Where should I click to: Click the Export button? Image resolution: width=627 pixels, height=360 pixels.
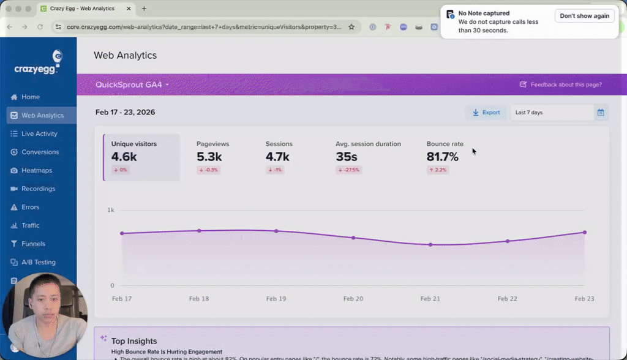pyautogui.click(x=486, y=113)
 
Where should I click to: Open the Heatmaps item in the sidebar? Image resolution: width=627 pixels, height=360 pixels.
pyautogui.click(x=36, y=170)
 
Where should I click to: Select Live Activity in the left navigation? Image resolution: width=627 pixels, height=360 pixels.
pyautogui.click(x=39, y=133)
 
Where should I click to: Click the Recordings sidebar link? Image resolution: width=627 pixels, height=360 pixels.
pyautogui.click(x=38, y=189)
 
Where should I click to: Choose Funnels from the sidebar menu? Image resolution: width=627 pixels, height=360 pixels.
pyautogui.click(x=33, y=244)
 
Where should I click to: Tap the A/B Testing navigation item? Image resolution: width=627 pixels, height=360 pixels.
pyautogui.click(x=38, y=262)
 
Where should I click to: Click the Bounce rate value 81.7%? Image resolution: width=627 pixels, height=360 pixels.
pyautogui.click(x=442, y=157)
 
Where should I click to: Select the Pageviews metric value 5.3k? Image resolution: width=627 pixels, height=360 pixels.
pyautogui.click(x=209, y=157)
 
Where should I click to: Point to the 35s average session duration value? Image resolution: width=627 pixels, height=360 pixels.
pyautogui.click(x=346, y=157)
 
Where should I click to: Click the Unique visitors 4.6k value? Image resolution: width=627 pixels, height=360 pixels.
pyautogui.click(x=124, y=157)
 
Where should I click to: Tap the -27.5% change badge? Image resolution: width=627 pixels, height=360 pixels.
pyautogui.click(x=349, y=170)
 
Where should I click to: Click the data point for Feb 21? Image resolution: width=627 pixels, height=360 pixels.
pyautogui.click(x=430, y=245)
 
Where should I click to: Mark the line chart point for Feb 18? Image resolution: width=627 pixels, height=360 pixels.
pyautogui.click(x=199, y=231)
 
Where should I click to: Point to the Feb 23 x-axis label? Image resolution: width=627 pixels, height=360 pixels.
pyautogui.click(x=584, y=299)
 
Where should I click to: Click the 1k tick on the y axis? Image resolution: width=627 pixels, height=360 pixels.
pyautogui.click(x=110, y=210)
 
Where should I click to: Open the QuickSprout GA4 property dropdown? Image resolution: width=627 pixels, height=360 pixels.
pyautogui.click(x=132, y=85)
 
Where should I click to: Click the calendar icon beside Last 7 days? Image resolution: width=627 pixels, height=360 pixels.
pyautogui.click(x=601, y=113)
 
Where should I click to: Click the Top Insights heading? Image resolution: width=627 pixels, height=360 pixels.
pyautogui.click(x=133, y=341)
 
